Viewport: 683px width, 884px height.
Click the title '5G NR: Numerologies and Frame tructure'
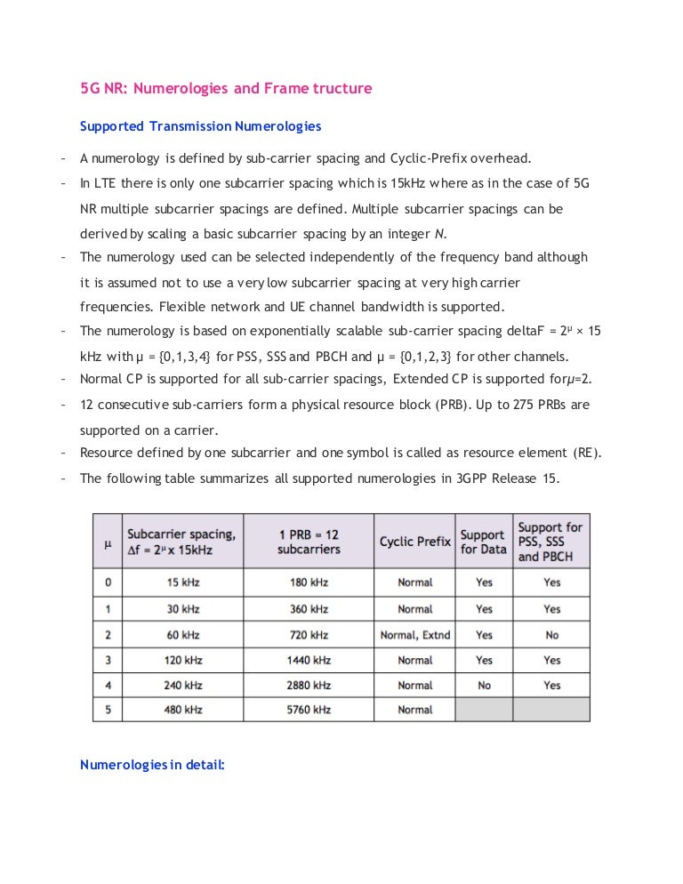226,89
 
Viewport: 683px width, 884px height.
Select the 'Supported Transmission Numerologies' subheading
200,126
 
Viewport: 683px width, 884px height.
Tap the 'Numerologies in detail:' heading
153,764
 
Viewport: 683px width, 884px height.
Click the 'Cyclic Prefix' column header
414,542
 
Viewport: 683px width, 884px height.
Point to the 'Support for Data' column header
483,542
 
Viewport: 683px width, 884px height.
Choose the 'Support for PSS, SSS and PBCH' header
550,542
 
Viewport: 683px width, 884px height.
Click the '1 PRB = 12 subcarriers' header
308,542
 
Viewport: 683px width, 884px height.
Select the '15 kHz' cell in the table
182,583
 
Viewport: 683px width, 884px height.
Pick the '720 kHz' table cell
308,635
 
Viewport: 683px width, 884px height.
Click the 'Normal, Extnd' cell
414,635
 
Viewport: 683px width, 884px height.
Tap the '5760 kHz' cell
308,710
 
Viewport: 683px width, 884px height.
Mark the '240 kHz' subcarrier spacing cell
182,685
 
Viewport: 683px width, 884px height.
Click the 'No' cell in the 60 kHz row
551,635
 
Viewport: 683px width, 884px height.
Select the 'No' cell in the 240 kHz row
483,685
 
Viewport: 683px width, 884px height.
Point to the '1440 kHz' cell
308,660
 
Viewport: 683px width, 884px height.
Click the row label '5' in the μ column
107,710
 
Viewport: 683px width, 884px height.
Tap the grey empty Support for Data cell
483,710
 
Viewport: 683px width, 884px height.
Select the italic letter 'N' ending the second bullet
438,234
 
